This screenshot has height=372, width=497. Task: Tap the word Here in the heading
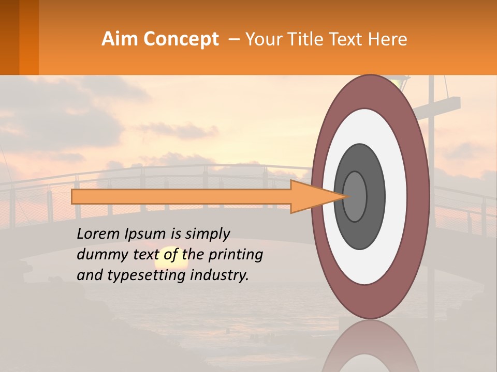point(388,39)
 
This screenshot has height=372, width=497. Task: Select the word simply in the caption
point(207,234)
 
